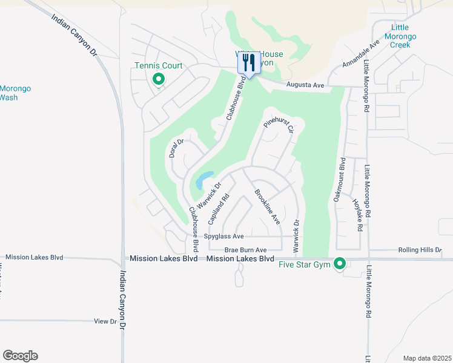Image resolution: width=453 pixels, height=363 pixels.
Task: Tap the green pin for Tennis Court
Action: coord(159,79)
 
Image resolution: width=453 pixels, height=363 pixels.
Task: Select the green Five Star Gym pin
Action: coord(340,264)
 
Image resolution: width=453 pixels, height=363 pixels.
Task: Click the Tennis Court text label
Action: coord(158,66)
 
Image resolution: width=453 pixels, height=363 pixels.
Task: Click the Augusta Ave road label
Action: coord(305,86)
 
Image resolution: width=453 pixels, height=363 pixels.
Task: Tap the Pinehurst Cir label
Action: coord(279,125)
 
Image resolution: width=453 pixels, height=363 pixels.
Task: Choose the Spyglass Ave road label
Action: coord(224,236)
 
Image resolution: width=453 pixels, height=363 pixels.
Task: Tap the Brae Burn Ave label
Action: coord(245,249)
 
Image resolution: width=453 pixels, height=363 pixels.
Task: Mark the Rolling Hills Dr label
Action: coord(420,249)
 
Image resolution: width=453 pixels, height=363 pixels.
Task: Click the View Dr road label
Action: coord(105,321)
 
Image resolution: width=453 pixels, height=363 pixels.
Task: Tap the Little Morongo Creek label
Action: coord(403,36)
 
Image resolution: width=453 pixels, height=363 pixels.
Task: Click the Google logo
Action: coord(20,356)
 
